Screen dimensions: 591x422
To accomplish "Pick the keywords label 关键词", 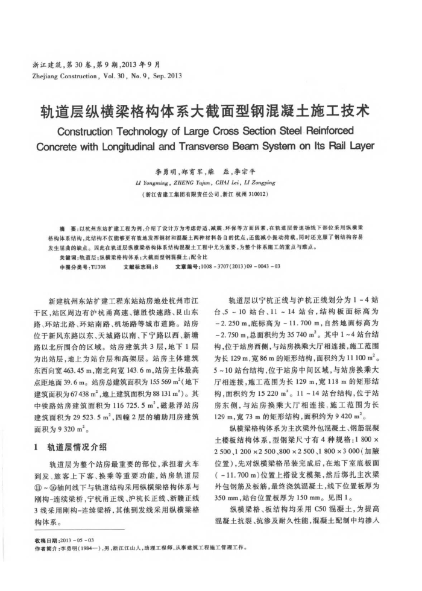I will [61, 257].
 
